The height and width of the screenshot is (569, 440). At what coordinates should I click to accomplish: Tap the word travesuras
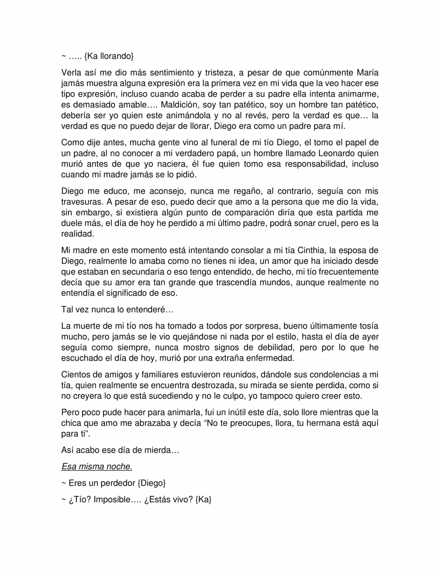click(82, 202)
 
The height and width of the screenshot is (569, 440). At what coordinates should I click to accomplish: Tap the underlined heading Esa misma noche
click(97, 467)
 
